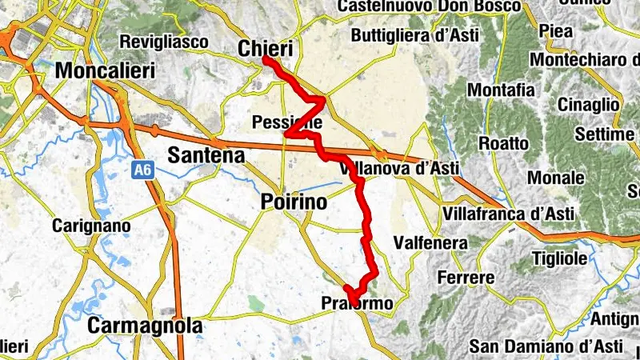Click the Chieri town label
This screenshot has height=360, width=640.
tap(266, 49)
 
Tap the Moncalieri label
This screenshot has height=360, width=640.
tap(105, 70)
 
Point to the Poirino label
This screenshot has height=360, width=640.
tap(294, 203)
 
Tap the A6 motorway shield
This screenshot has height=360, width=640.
tap(144, 170)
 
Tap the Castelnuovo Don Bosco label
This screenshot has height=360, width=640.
tap(429, 6)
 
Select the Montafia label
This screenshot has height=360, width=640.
tap(501, 90)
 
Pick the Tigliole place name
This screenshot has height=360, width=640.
tap(559, 258)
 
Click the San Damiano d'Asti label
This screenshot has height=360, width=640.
tap(546, 346)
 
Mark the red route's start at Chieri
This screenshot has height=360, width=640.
tap(264, 59)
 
